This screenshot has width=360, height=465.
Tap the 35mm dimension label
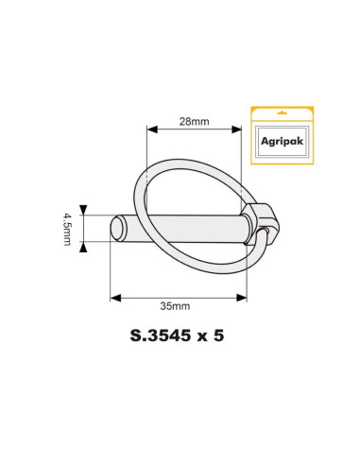(x=177, y=307)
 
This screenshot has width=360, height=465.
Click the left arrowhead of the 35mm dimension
(x=115, y=297)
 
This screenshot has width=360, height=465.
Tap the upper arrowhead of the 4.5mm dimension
(x=84, y=210)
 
